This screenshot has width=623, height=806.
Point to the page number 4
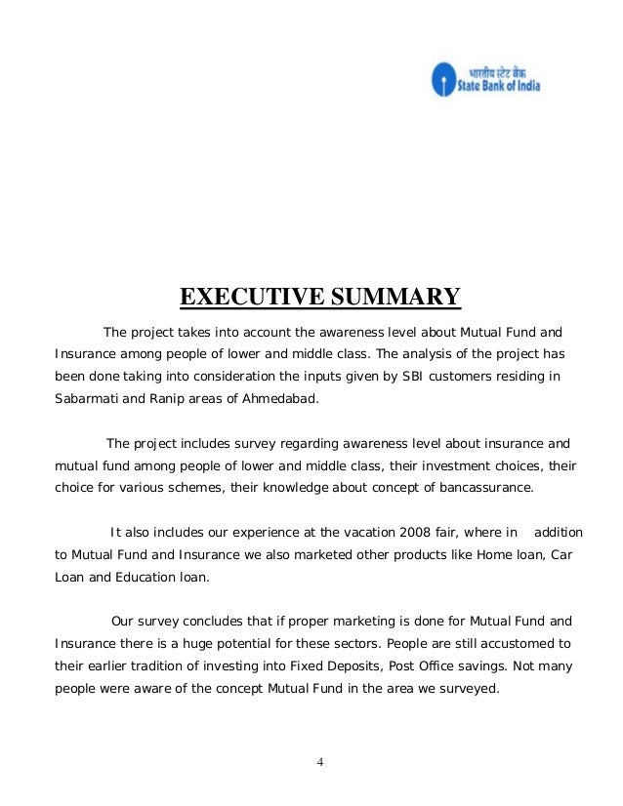pyautogui.click(x=311, y=761)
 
